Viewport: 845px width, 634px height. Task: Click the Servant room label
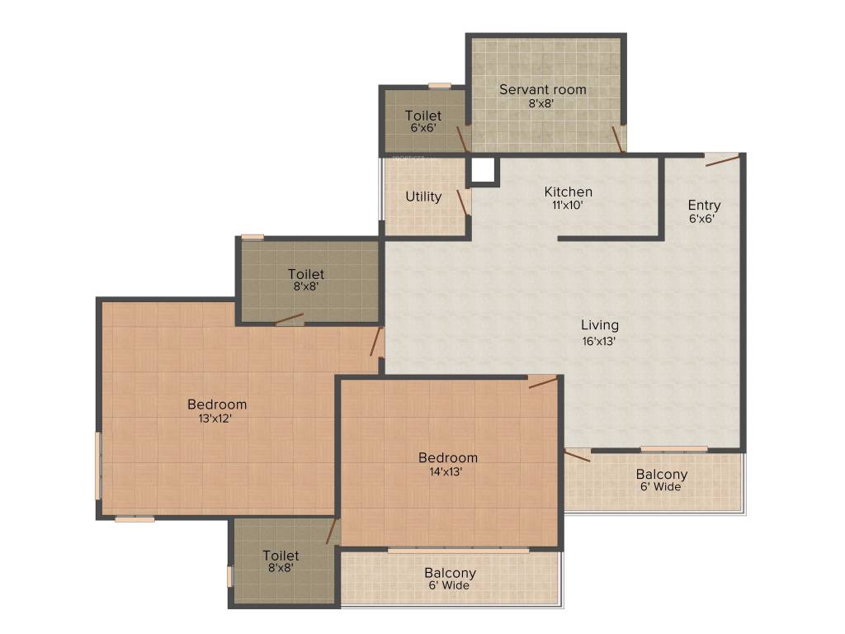tap(542, 89)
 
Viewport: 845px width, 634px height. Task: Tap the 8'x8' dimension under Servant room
tap(541, 103)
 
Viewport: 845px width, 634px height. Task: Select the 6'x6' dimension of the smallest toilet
tap(422, 128)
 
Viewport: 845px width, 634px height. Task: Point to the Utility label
tap(423, 196)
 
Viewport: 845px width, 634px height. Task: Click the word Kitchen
tap(568, 192)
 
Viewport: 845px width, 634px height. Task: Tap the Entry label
tap(704, 205)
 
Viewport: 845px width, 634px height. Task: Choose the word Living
tap(599, 324)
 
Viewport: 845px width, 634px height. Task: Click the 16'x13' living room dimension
tap(599, 339)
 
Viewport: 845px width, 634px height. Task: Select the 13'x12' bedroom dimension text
tap(216, 419)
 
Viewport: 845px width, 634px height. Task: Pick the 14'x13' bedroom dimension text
tap(447, 471)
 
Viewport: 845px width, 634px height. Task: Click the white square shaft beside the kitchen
tap(483, 170)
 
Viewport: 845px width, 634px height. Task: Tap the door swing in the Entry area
tap(722, 160)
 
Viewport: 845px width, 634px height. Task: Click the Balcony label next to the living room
tap(661, 474)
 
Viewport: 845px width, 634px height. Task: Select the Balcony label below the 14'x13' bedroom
tap(450, 572)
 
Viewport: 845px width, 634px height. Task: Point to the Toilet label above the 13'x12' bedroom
tap(305, 273)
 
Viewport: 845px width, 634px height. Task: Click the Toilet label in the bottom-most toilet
tap(281, 556)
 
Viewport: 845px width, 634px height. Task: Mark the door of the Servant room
tap(617, 140)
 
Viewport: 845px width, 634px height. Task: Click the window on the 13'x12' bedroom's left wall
tap(98, 466)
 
